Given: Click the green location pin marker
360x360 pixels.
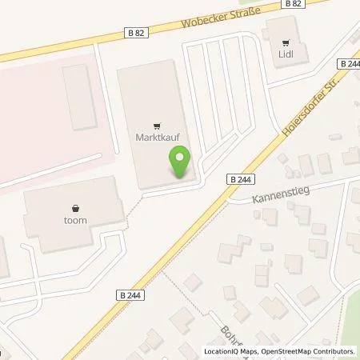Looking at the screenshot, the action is coord(179,160).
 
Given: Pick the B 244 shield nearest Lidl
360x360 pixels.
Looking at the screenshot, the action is coord(349,63).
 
